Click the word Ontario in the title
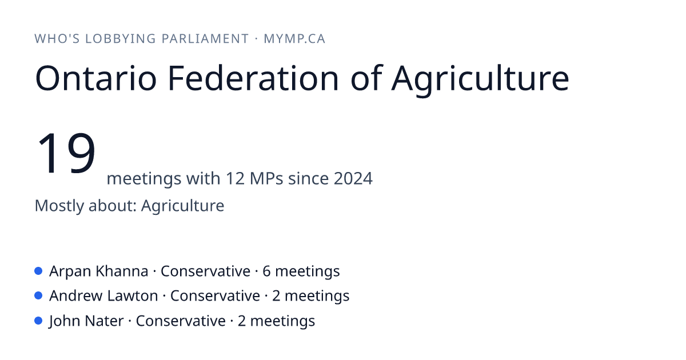96,78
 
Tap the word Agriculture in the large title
480,80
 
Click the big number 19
66,152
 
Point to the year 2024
353,178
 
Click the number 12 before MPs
235,178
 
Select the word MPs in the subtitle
266,178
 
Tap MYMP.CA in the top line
294,39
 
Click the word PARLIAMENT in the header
205,39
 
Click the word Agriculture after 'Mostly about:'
182,206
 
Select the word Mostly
59,206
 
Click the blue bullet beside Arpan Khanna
38,271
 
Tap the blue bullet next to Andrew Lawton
38,296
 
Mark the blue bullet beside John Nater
38,321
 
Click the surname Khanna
122,271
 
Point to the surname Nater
104,321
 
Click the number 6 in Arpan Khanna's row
266,271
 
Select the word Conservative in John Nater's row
181,321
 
